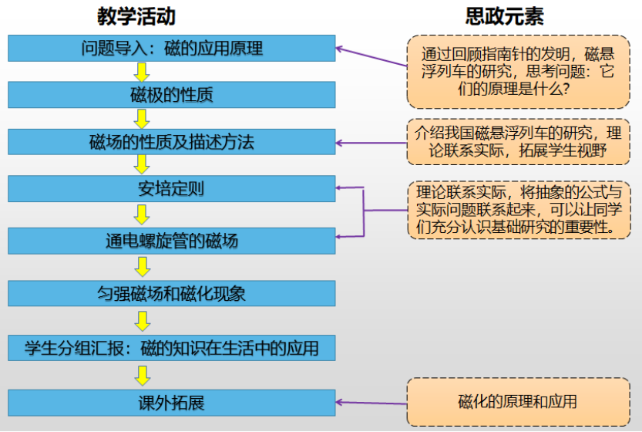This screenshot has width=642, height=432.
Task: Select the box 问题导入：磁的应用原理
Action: pyautogui.click(x=172, y=49)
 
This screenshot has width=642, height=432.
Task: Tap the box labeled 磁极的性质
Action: pyautogui.click(x=172, y=95)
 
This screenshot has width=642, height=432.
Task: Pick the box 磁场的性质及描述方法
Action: pyautogui.click(x=172, y=143)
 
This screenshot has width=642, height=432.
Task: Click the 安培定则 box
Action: pyautogui.click(x=172, y=189)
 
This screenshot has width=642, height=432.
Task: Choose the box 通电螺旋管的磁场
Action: pyautogui.click(x=172, y=241)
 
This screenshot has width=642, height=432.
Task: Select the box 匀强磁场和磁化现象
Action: pyautogui.click(x=172, y=293)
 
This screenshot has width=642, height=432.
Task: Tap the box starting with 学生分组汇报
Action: pyautogui.click(x=172, y=347)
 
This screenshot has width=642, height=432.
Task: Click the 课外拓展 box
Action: pyautogui.click(x=172, y=402)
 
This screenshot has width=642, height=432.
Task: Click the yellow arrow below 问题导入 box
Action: pyautogui.click(x=141, y=72)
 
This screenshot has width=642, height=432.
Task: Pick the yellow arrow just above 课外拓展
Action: pyautogui.click(x=141, y=375)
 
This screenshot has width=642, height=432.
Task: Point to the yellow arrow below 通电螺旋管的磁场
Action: pyautogui.click(x=141, y=267)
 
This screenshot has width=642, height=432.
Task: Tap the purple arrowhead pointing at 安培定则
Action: pyautogui.click(x=340, y=187)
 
